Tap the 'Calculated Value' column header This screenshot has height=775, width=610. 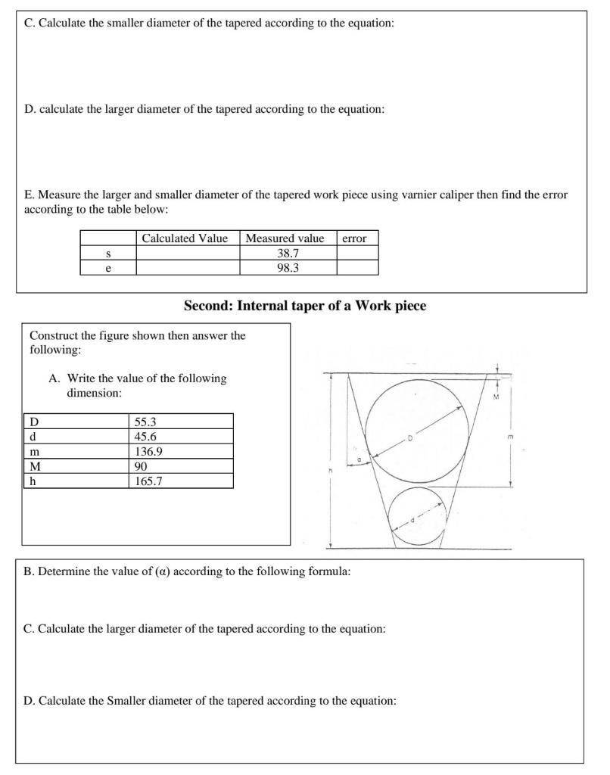coord(185,238)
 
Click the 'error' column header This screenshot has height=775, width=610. coord(354,238)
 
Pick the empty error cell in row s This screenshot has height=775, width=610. coord(357,253)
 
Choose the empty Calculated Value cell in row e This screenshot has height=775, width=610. coord(188,267)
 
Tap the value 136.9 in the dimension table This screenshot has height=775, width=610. coord(148,451)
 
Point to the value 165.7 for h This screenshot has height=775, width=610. coord(148,481)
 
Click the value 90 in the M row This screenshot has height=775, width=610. coord(141,466)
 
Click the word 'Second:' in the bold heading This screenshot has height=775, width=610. coord(208,307)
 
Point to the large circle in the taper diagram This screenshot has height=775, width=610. coord(418,432)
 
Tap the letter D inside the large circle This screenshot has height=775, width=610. coord(411,437)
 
